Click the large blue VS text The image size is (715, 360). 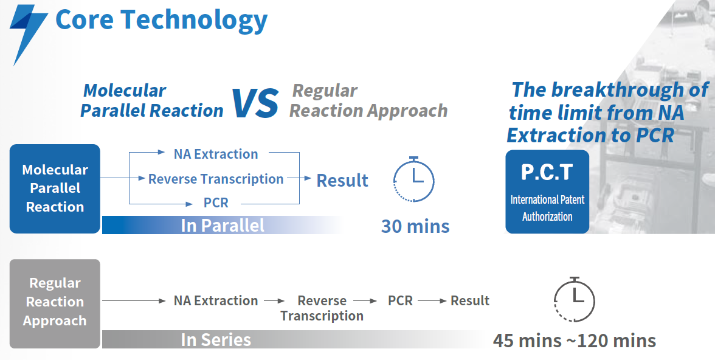coord(255,103)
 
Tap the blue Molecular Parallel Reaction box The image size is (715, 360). coord(55,189)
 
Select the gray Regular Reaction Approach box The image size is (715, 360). coord(55,303)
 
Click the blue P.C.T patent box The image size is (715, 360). coord(547,192)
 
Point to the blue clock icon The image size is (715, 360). coord(413,179)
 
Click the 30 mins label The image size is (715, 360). coord(415,226)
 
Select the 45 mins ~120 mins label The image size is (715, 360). coord(575,341)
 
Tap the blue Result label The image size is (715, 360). coord(342,180)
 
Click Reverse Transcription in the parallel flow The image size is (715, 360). coord(216,179)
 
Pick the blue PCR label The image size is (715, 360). coord(216,202)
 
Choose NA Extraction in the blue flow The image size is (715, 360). coord(216,154)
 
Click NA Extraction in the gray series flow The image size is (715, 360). coord(216,300)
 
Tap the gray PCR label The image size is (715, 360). coord(400,300)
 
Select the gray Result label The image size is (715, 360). coord(470,300)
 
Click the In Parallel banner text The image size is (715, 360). coord(223,226)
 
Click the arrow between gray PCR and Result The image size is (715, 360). coord(432,300)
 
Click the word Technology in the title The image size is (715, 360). coord(194,20)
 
